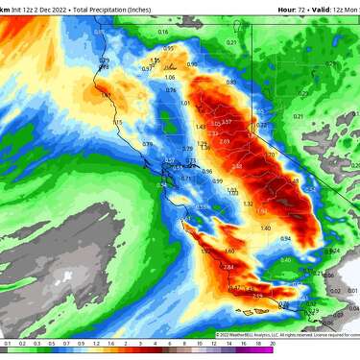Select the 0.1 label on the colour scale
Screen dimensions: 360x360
[x=7, y=343]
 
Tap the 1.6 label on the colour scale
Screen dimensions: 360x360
[x=110, y=343]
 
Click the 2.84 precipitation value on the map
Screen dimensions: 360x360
[x=228, y=266]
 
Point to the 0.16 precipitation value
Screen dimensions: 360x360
[x=163, y=32]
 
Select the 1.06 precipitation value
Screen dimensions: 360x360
[x=170, y=78]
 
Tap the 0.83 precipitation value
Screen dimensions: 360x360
[x=230, y=83]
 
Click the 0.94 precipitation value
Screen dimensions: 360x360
[x=285, y=238]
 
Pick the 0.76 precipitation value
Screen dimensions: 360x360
[x=171, y=90]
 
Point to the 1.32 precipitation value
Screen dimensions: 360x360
[x=248, y=204]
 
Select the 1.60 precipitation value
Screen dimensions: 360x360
[x=204, y=252]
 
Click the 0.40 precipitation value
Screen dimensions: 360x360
[x=285, y=260]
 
